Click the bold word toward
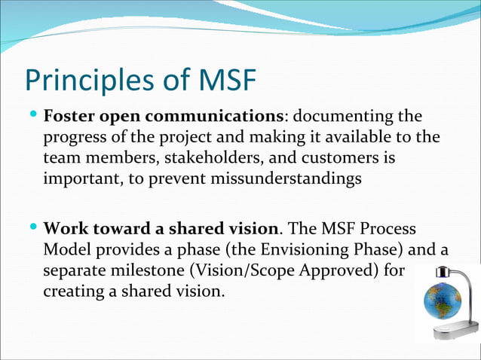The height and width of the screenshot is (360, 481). [115, 228]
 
